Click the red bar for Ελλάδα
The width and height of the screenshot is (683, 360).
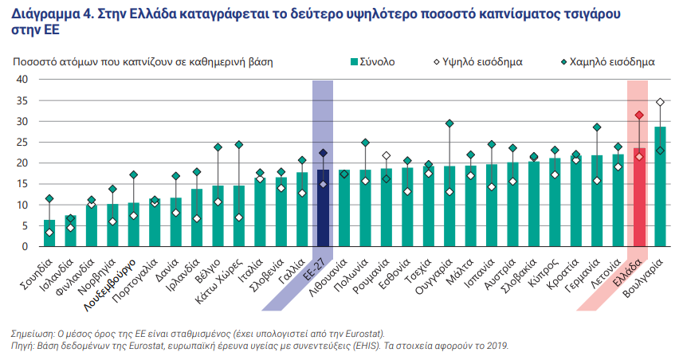(x=639, y=198)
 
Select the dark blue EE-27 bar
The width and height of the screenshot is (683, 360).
(x=323, y=208)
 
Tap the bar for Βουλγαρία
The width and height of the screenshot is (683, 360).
(x=660, y=187)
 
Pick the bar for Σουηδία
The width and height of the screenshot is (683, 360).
(x=49, y=233)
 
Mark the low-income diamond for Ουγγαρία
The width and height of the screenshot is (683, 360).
(x=449, y=123)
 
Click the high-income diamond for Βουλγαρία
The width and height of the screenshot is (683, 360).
(x=660, y=102)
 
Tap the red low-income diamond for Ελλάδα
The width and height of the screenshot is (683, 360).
(x=639, y=115)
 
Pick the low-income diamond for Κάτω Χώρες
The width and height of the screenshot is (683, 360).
(x=239, y=145)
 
